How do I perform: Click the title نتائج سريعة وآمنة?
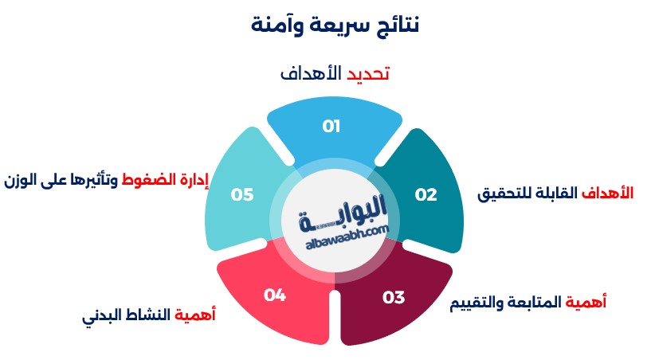[x=335, y=25]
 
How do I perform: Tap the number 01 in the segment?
[x=331, y=126]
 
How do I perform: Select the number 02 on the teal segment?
[x=426, y=194]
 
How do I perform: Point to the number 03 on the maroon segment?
[x=394, y=297]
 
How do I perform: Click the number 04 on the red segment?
[x=275, y=295]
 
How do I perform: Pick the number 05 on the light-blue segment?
[x=242, y=194]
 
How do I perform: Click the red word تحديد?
[x=368, y=74]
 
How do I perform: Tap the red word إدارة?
[x=193, y=181]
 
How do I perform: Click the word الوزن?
[x=21, y=181]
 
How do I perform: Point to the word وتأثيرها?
[x=93, y=181]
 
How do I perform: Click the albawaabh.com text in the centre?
[x=347, y=238]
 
